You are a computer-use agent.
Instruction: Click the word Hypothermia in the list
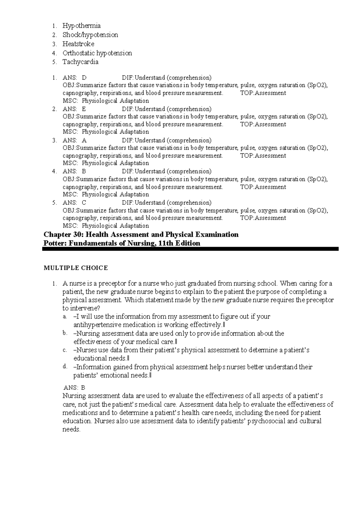pyautogui.click(x=82, y=26)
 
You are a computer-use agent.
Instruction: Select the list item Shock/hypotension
pyautogui.click(x=90, y=35)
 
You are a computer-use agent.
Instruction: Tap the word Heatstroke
pyautogui.click(x=78, y=44)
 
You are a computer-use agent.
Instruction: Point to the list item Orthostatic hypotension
pyautogui.click(x=97, y=53)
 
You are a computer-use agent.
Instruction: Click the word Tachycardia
pyautogui.click(x=80, y=62)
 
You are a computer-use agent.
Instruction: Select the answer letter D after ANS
pyautogui.click(x=84, y=78)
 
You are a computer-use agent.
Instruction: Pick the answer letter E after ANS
pyautogui.click(x=84, y=109)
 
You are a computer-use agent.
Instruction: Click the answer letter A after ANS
pyautogui.click(x=84, y=140)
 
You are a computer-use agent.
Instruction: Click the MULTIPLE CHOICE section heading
pyautogui.click(x=76, y=268)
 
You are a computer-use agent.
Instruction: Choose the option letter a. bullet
pyautogui.click(x=64, y=317)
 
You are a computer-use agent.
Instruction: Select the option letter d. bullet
pyautogui.click(x=64, y=366)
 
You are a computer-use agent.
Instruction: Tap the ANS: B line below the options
pyautogui.click(x=74, y=388)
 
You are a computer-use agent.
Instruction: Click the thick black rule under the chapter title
pyautogui.click(x=190, y=249)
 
